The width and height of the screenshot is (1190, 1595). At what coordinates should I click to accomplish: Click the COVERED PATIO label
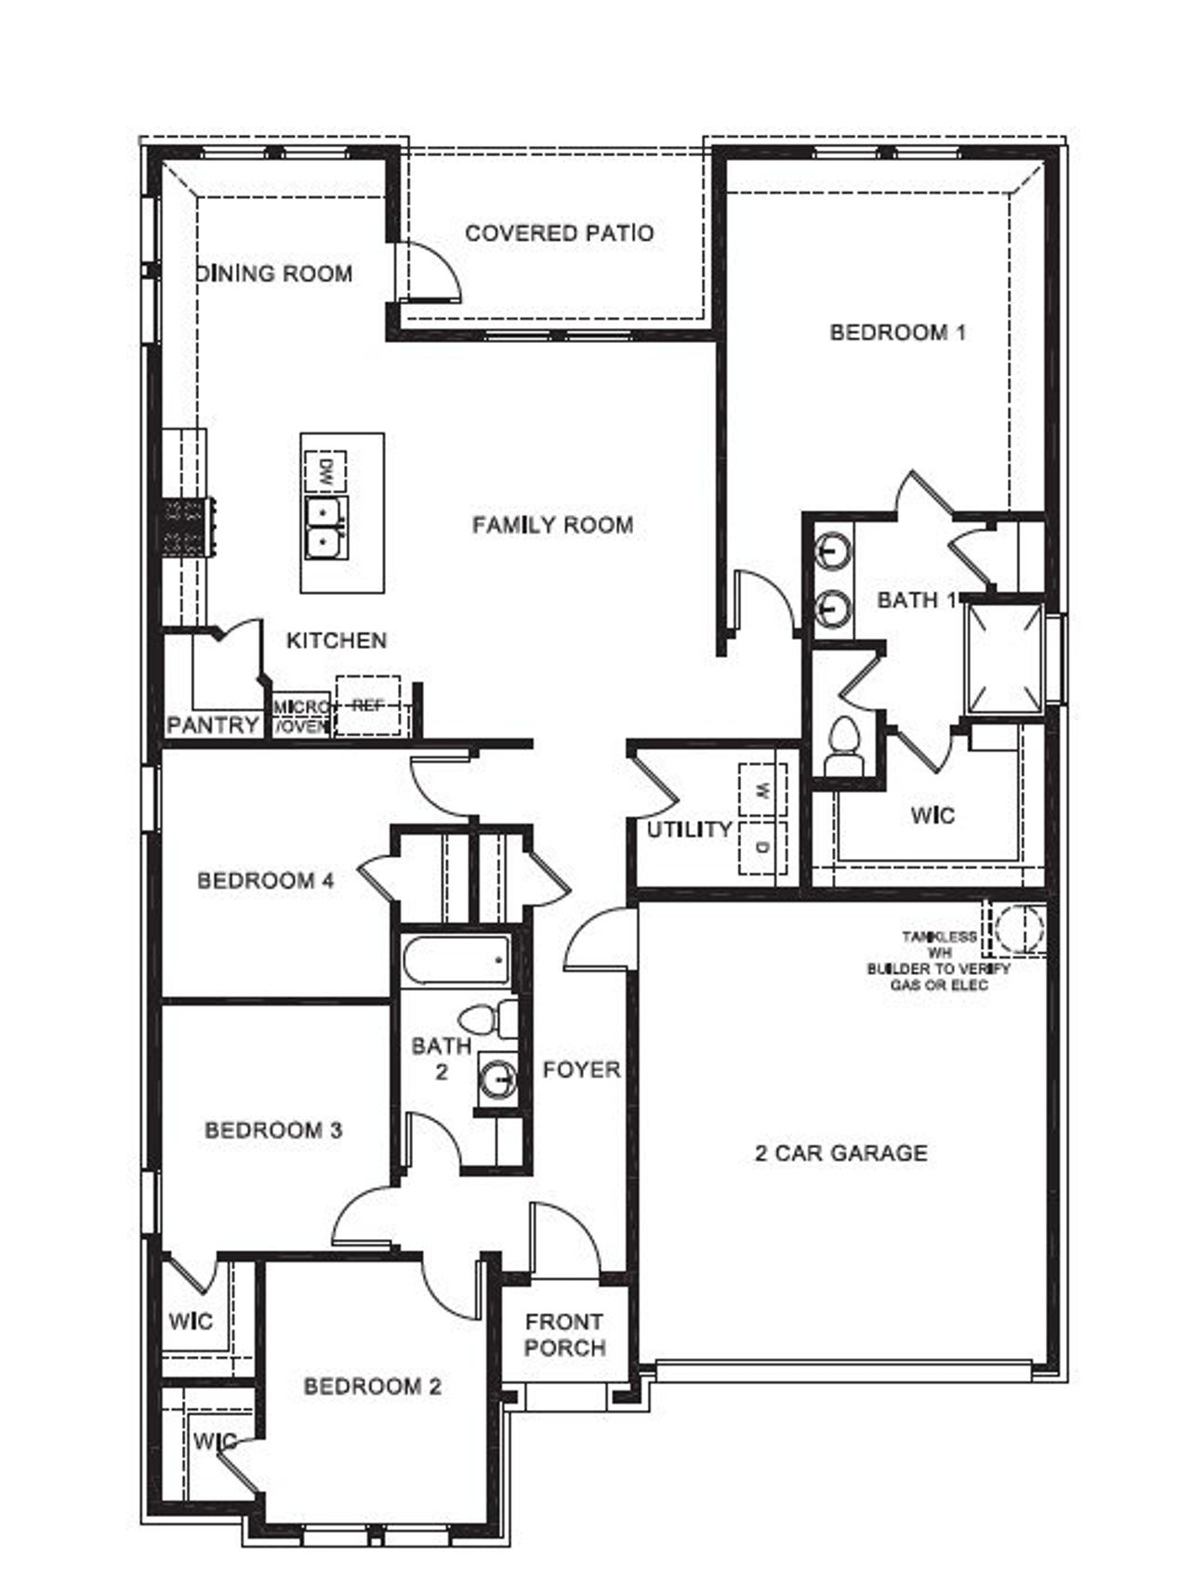pyautogui.click(x=559, y=233)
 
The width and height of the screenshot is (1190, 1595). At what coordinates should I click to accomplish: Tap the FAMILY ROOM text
pyautogui.click(x=552, y=525)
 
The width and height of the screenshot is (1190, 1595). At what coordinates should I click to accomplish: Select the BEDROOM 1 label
pyautogui.click(x=897, y=332)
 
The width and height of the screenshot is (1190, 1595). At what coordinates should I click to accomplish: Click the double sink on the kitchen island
pyautogui.click(x=324, y=526)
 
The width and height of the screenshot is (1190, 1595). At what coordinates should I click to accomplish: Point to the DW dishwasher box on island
pyautogui.click(x=325, y=471)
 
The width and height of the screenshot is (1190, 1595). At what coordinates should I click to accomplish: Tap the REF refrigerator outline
pyautogui.click(x=367, y=707)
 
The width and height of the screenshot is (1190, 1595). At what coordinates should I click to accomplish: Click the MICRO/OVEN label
pyautogui.click(x=301, y=717)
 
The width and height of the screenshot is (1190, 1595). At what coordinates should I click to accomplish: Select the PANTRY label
pyautogui.click(x=212, y=725)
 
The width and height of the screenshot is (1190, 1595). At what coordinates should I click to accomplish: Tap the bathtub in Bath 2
pyautogui.click(x=456, y=960)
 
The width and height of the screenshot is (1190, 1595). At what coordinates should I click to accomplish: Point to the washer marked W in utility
pyautogui.click(x=762, y=791)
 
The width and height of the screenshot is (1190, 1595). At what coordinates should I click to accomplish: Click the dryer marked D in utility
pyautogui.click(x=762, y=847)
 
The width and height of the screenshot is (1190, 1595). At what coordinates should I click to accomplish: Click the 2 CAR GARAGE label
pyautogui.click(x=840, y=1153)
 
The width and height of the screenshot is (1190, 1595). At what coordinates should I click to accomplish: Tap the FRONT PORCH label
pyautogui.click(x=564, y=1335)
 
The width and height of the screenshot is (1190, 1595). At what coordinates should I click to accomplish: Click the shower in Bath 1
pyautogui.click(x=1004, y=658)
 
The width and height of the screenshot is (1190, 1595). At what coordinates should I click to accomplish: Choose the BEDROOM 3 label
pyautogui.click(x=273, y=1130)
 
